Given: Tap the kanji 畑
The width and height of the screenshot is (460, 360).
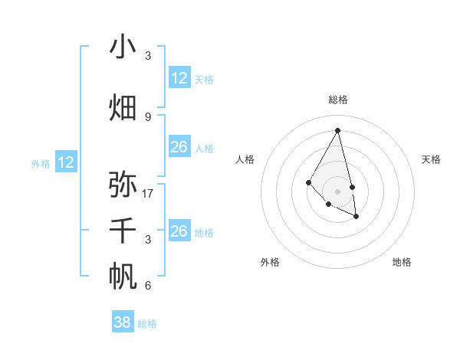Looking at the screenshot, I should coord(123,108).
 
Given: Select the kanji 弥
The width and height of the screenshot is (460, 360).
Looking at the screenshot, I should coord(123,184).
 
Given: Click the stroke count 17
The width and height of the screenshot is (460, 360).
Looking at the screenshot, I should coord(148,194).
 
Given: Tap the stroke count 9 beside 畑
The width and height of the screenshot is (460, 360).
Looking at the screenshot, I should coord(148,117).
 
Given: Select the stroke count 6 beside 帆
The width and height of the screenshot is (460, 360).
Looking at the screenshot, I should coord(148,286).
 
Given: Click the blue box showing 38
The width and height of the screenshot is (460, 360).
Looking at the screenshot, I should coord(123,322).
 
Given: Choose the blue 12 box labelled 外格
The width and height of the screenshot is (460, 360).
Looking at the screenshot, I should coord(66,162).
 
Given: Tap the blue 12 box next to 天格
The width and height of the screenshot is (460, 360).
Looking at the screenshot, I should coord(179,78).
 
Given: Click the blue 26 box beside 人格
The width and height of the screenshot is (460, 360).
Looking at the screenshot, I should coord(179,147).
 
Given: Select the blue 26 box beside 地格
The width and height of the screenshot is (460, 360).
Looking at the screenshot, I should coord(179,231).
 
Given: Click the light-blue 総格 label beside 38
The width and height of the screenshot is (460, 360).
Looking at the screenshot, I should coord(147,324).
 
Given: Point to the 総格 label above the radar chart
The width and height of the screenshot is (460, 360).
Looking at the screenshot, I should coord(337,100).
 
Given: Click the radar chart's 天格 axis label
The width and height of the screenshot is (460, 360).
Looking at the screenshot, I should coord(431,159).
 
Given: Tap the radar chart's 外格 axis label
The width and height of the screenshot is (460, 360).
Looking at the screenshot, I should coord(270,262).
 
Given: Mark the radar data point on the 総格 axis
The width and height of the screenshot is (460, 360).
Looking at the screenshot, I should coord(337,130).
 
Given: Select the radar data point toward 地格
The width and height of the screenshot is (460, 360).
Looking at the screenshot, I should coord(356,217).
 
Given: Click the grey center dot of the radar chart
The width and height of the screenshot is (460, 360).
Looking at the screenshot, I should coord(337,191).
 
